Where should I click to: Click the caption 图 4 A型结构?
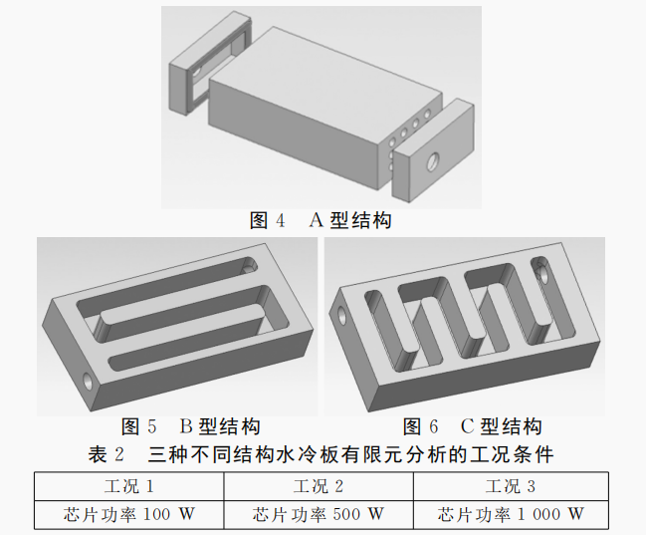pos(321,220)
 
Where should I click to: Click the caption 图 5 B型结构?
pos(191,426)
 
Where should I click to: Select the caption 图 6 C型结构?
pos(472,426)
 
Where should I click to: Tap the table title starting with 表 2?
pos(321,454)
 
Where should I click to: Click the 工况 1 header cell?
pos(129,486)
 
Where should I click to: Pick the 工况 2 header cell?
pos(319,486)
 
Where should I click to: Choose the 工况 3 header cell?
pos(511,486)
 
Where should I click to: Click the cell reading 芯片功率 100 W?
pos(129,514)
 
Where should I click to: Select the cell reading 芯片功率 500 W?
pos(319,514)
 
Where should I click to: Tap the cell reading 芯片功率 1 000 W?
pos(511,514)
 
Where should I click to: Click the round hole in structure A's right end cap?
pos(433,161)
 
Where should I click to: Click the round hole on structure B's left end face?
pos(89,382)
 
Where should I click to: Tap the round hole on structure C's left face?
pos(342,316)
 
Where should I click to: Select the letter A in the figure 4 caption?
pos(316,220)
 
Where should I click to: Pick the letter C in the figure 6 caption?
pos(467,426)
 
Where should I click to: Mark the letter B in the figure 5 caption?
pos(186,426)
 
